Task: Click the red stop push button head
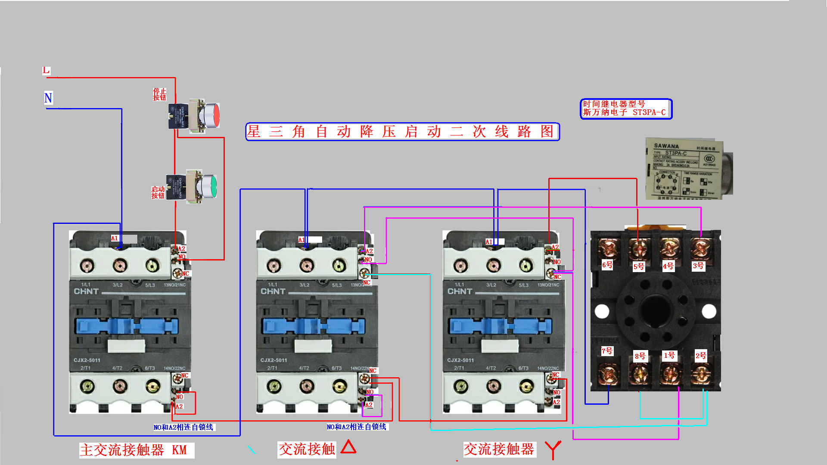[212, 115]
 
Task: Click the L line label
[46, 70]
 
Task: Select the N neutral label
[48, 98]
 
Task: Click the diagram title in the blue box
[402, 131]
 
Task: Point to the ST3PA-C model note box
[626, 108]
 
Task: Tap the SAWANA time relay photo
[688, 169]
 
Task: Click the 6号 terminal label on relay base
[607, 265]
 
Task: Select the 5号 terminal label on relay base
[639, 267]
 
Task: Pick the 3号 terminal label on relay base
[698, 266]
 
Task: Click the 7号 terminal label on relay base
[607, 351]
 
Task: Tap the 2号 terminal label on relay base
[701, 356]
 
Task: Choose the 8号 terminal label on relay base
[640, 356]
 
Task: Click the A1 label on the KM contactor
[114, 238]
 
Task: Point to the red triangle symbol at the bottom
[348, 447]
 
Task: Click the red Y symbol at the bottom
[553, 449]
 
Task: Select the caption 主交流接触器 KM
[136, 450]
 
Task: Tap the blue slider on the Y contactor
[500, 326]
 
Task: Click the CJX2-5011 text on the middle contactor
[274, 360]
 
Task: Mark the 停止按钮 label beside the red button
[159, 94]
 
